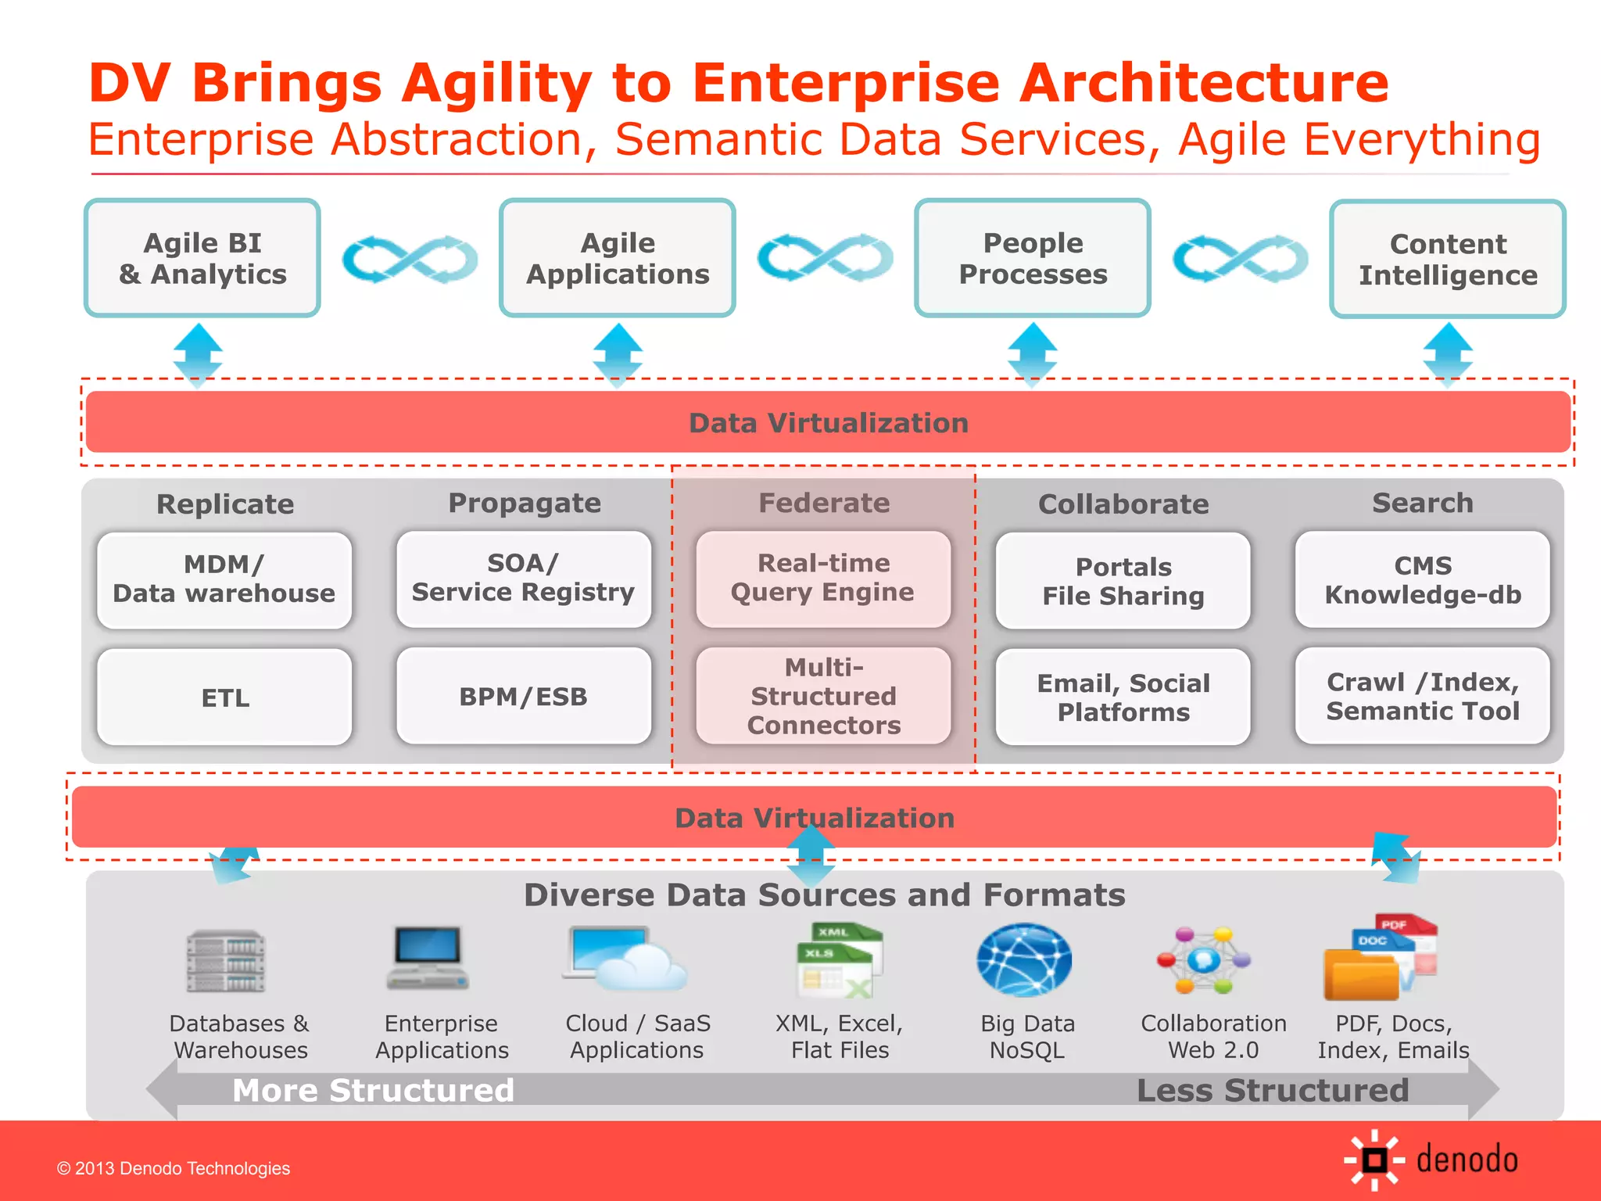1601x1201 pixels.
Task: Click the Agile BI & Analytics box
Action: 202,258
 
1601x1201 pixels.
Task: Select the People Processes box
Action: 1032,258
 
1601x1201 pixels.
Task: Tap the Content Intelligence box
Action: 1447,259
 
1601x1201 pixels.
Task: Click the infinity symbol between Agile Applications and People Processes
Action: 825,257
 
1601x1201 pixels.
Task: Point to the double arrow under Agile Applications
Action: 618,355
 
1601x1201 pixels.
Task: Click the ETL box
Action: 224,697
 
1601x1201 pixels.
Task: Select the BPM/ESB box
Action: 523,696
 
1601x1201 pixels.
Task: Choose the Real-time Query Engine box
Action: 823,579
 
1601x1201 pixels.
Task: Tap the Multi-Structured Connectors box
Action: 823,696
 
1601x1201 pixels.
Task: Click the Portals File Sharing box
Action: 1123,580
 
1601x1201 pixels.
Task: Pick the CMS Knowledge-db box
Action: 1422,579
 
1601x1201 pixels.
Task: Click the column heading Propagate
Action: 525,503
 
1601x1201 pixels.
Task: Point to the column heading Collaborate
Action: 1123,504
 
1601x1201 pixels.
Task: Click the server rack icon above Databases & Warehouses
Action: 226,960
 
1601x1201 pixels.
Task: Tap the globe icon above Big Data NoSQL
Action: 1024,960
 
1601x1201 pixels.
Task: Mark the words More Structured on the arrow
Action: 373,1090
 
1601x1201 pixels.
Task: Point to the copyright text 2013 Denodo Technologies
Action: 174,1168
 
